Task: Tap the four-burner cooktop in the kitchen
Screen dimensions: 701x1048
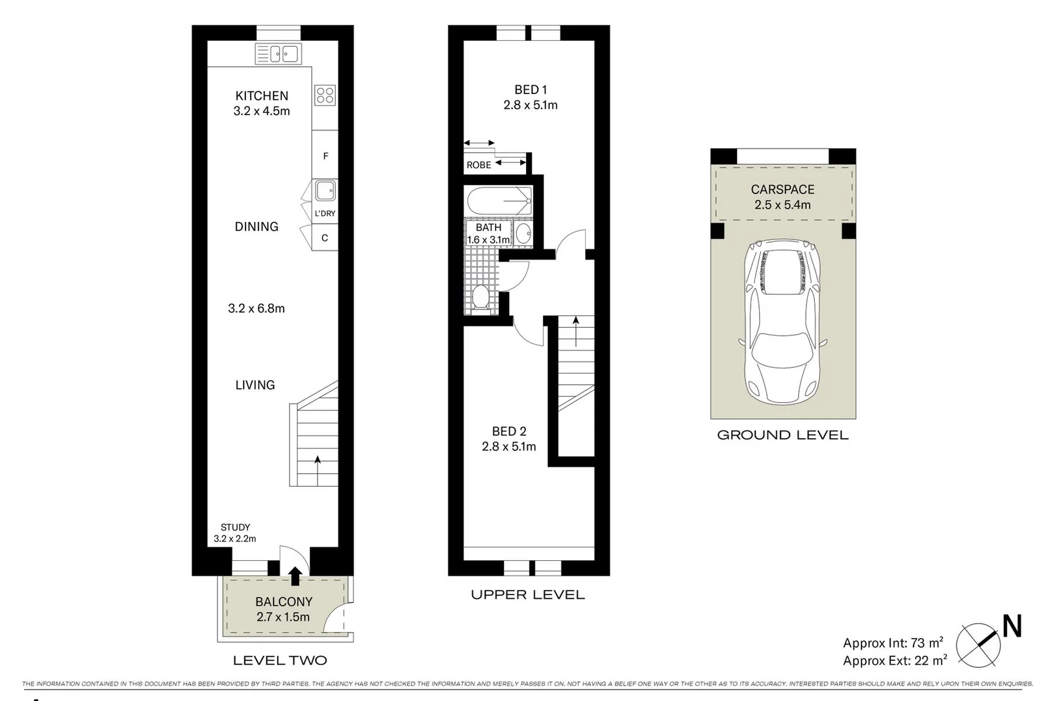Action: tap(325, 95)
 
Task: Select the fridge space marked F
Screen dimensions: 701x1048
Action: tap(325, 156)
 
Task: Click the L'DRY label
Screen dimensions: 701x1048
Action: tap(325, 214)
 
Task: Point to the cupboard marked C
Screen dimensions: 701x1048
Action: tap(325, 238)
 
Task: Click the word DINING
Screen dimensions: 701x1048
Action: tap(256, 227)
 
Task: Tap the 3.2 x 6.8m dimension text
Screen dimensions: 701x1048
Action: tap(256, 308)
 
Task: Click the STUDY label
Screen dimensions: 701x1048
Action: tap(235, 527)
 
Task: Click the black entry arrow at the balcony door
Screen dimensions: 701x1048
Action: tap(295, 575)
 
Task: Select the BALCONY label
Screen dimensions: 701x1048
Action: tap(284, 602)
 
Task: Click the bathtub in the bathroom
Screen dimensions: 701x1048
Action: tap(499, 201)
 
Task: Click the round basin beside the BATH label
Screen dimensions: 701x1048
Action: tap(523, 234)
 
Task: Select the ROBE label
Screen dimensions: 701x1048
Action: tap(479, 165)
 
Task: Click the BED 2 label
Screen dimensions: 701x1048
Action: tap(509, 431)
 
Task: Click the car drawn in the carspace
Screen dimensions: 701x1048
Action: tap(782, 321)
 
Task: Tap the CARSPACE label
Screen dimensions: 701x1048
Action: tap(782, 190)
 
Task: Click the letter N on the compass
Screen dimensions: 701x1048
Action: tap(1012, 627)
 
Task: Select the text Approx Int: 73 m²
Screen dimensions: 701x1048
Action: tap(893, 643)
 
